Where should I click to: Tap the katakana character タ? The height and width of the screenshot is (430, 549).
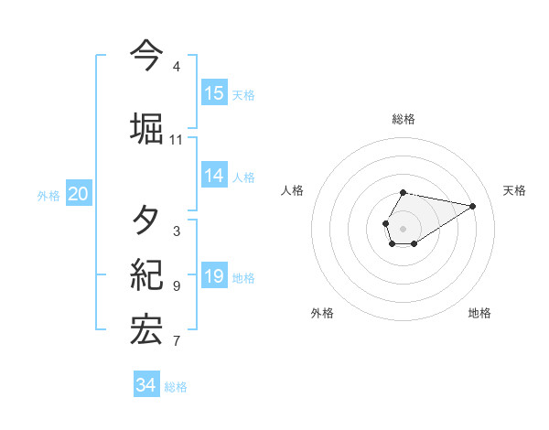click(145, 220)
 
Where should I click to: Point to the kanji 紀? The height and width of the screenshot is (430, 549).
click(145, 274)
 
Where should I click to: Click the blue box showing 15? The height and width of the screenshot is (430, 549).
click(214, 93)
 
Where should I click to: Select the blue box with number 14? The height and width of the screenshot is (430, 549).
click(214, 177)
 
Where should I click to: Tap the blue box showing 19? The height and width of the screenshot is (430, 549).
click(214, 277)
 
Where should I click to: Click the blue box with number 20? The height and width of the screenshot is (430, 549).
click(79, 194)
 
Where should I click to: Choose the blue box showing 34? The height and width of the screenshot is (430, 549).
click(146, 386)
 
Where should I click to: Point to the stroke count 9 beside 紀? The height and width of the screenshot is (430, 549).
click(176, 286)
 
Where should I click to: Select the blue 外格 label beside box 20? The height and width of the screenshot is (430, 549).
click(48, 195)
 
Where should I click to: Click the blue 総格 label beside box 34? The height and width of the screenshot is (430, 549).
click(176, 387)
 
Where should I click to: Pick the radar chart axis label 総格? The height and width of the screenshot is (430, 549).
click(404, 119)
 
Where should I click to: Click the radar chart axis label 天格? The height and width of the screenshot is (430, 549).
click(514, 190)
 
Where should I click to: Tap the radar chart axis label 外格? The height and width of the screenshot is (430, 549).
click(322, 313)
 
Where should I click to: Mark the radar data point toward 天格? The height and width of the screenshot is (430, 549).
click(473, 205)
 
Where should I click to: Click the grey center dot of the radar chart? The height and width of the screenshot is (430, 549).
click(404, 228)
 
